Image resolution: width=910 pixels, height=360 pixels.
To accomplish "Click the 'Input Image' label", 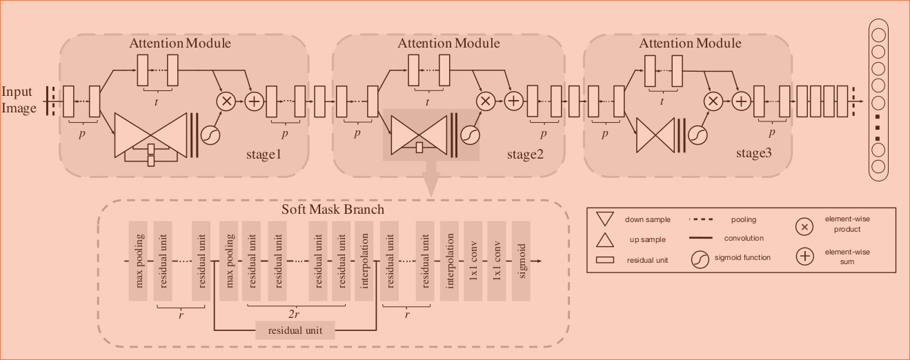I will pos(19,100).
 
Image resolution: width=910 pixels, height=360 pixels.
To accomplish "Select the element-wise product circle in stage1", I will pos(226,101).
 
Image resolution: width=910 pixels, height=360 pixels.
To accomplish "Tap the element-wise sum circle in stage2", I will pos(513,101).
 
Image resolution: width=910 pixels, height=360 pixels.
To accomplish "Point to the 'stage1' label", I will pos(264,154).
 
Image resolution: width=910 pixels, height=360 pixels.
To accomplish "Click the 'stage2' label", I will pos(526,154).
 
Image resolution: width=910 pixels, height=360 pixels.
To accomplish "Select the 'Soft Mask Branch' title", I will pos(333,209).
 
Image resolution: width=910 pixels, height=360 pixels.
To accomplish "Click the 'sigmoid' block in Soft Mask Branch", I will pos(521,261).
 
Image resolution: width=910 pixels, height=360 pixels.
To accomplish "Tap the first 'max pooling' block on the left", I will pos(139,261).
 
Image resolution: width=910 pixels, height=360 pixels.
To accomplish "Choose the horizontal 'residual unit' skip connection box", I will pos(295,330).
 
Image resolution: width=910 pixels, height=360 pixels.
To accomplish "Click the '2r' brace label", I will pos(295,314).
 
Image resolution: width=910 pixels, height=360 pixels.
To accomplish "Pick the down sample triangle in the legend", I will pos(604,220).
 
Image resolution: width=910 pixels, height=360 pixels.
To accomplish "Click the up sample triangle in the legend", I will pos(604,239).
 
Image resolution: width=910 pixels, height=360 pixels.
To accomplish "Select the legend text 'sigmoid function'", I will pos(742,257).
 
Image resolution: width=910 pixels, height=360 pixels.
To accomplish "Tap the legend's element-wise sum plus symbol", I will pos(804,257).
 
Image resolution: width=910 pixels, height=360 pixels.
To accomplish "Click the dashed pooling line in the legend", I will pos(702,220).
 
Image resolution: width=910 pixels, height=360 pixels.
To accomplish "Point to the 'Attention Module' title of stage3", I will pos(690,43).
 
